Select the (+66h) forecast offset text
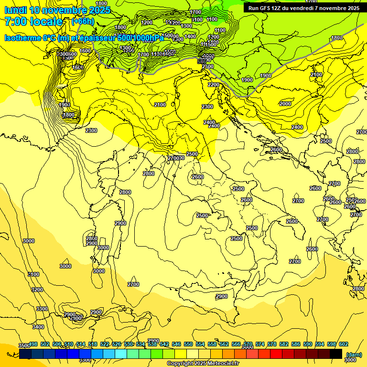tap(83, 22)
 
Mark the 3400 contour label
tap(38, 327)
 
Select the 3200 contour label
tap(37, 290)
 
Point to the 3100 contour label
tap(33, 274)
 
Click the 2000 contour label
tap(285, 104)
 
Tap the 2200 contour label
tap(214, 85)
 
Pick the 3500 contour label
tap(24, 345)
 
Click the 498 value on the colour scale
tap(33, 344)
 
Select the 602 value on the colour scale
tap(343, 344)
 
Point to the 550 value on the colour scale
tap(188, 344)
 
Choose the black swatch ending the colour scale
tap(336, 354)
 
